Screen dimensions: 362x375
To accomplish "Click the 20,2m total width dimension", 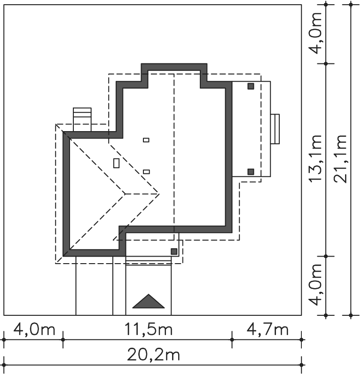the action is [153, 355].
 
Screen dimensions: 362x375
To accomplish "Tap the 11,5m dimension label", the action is [149, 329].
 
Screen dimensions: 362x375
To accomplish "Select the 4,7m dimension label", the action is [267, 329].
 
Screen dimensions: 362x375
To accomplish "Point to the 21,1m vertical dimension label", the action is [340, 159].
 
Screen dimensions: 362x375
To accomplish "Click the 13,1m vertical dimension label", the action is [315, 159].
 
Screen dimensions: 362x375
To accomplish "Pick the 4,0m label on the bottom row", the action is [34, 329].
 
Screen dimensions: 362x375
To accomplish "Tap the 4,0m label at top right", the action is [315, 33].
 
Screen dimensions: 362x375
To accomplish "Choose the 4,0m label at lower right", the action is [315, 285].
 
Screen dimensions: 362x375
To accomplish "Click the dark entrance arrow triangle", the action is [149, 301].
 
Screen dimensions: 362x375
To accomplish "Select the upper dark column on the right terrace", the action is [251, 86].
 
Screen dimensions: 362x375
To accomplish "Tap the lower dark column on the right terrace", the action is [251, 172].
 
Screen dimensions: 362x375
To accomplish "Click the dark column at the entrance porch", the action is [174, 251].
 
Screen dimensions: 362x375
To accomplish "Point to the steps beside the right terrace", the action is [275, 129].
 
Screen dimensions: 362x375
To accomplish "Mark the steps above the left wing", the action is [82, 119].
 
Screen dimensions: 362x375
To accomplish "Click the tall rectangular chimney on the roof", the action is [116, 164].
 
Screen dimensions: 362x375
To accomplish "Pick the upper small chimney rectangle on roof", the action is [146, 140].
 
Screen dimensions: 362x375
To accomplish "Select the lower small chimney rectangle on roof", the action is [146, 172].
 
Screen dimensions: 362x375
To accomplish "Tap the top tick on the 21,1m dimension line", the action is [351, 5].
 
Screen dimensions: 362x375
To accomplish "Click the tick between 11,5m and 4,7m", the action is [232, 340].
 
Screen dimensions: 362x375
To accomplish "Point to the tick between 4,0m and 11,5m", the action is [63, 340].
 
